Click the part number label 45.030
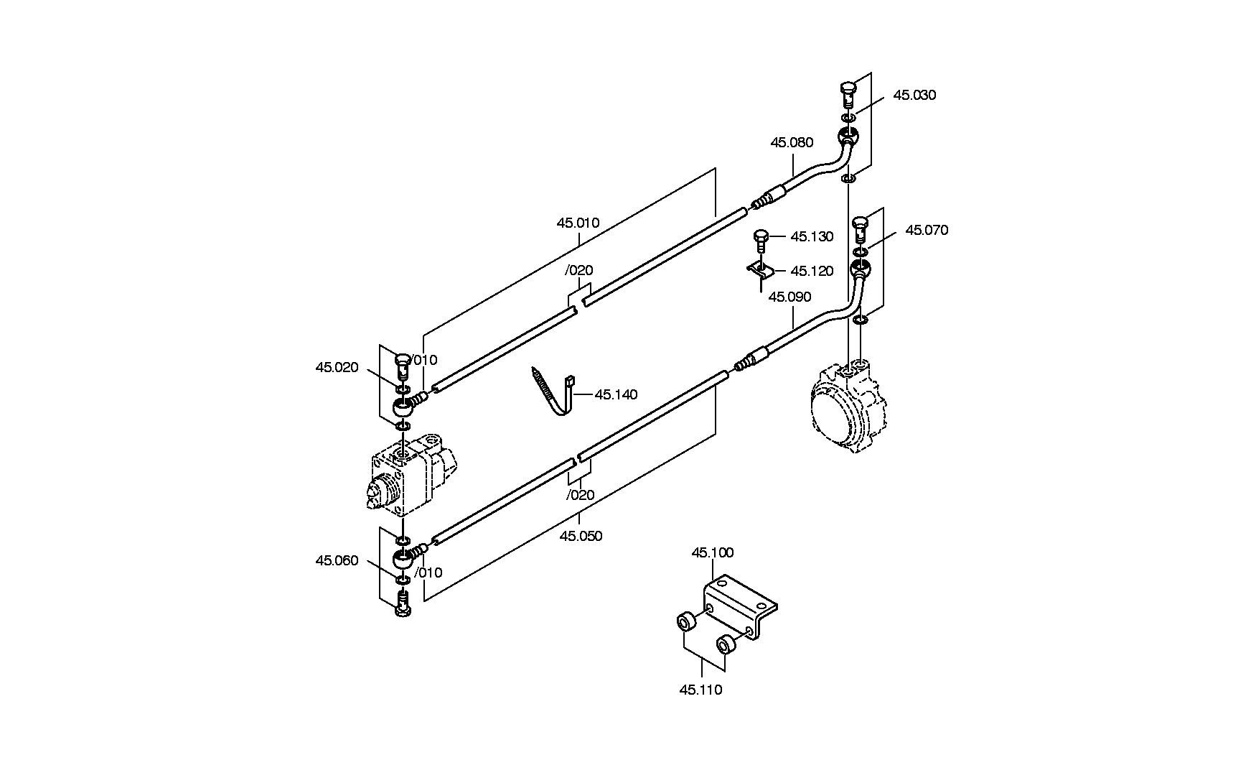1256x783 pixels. pyautogui.click(x=914, y=96)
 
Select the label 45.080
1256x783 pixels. pyautogui.click(x=792, y=143)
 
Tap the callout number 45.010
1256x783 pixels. pyautogui.click(x=578, y=223)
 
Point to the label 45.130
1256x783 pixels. pyautogui.click(x=812, y=237)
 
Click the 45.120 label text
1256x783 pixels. pyautogui.click(x=812, y=272)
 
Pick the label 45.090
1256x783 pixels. pyautogui.click(x=789, y=297)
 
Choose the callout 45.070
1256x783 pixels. pyautogui.click(x=927, y=231)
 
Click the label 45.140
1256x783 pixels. pyautogui.click(x=616, y=395)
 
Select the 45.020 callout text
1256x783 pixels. pyautogui.click(x=337, y=368)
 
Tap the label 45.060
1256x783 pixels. pyautogui.click(x=337, y=561)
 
